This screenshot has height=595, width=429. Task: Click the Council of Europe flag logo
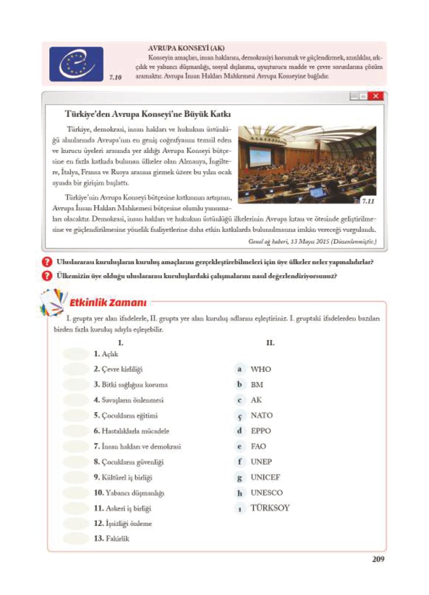(76, 64)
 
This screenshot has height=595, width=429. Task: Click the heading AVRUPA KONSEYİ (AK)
(186, 48)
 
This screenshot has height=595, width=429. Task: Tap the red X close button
(376, 96)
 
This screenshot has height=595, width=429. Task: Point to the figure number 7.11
(368, 201)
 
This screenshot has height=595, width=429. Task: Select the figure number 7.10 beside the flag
(115, 77)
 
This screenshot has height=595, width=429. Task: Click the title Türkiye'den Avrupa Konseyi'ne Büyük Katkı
(148, 114)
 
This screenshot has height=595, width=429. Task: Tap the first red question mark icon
(47, 262)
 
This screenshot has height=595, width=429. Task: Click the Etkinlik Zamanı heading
(108, 303)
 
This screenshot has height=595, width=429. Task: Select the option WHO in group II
(260, 369)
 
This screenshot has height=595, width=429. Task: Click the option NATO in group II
(262, 415)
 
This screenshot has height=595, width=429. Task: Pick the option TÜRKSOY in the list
(270, 508)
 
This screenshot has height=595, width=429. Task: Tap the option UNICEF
(265, 477)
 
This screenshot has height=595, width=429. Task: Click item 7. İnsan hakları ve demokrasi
(137, 446)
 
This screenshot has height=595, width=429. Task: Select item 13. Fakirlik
(111, 538)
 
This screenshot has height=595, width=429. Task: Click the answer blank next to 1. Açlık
(76, 354)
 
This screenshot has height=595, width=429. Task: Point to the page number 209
(378, 559)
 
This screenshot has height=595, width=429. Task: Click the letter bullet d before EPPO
(239, 430)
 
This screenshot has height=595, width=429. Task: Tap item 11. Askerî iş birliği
(122, 508)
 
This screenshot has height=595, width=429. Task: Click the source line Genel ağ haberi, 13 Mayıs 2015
(312, 242)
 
